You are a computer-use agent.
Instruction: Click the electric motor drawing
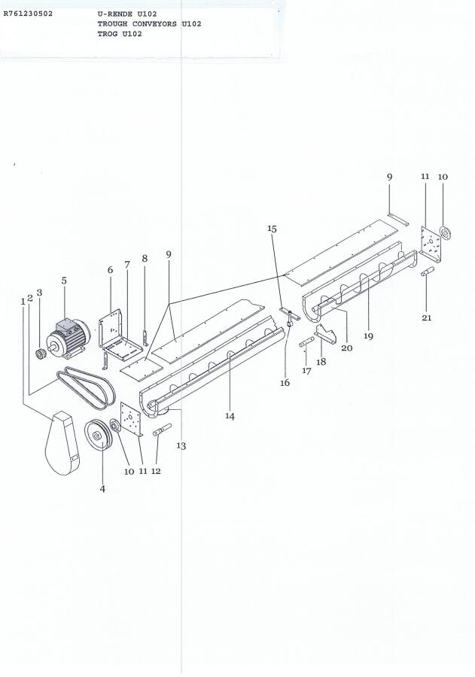click(68, 338)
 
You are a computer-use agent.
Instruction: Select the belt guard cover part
click(62, 443)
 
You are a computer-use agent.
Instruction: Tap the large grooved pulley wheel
click(98, 435)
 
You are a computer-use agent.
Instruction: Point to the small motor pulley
click(41, 354)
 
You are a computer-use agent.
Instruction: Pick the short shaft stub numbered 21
click(428, 272)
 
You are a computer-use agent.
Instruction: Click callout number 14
click(230, 416)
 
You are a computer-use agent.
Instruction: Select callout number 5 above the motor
click(64, 281)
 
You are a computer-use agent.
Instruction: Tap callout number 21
click(427, 317)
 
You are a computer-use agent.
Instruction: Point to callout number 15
click(272, 229)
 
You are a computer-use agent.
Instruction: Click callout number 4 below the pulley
click(102, 489)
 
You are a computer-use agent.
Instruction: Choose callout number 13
click(181, 445)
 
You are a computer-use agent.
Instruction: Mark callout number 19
click(368, 336)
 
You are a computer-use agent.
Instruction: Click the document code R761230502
click(28, 14)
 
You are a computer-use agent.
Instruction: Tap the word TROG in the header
click(108, 34)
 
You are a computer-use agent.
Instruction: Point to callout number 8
click(145, 258)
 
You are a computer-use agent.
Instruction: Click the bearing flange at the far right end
click(445, 232)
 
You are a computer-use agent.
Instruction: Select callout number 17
click(306, 371)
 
